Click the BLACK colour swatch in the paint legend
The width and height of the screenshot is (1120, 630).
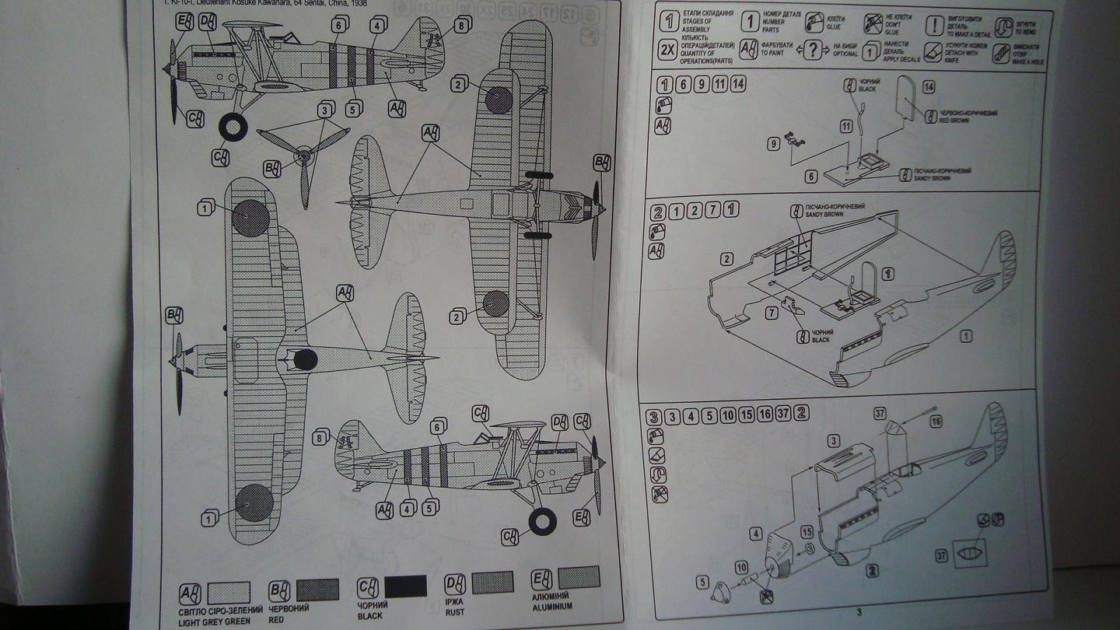(x=405, y=586)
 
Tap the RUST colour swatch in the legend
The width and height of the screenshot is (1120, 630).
(x=492, y=583)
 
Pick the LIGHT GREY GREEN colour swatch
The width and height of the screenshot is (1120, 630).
(x=229, y=593)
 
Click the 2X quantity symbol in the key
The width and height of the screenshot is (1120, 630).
(x=667, y=51)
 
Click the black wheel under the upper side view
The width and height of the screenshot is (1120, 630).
(x=233, y=128)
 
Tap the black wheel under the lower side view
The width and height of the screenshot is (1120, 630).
(x=542, y=521)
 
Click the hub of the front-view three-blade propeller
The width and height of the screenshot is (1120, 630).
(x=303, y=156)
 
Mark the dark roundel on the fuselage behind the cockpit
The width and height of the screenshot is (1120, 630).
(x=305, y=359)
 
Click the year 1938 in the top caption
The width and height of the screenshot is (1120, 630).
(x=355, y=2)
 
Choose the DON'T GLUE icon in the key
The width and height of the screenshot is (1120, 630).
(x=873, y=23)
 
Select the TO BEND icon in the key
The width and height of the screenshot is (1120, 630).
(x=1003, y=23)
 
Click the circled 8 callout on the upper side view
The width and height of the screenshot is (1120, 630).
(x=461, y=26)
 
